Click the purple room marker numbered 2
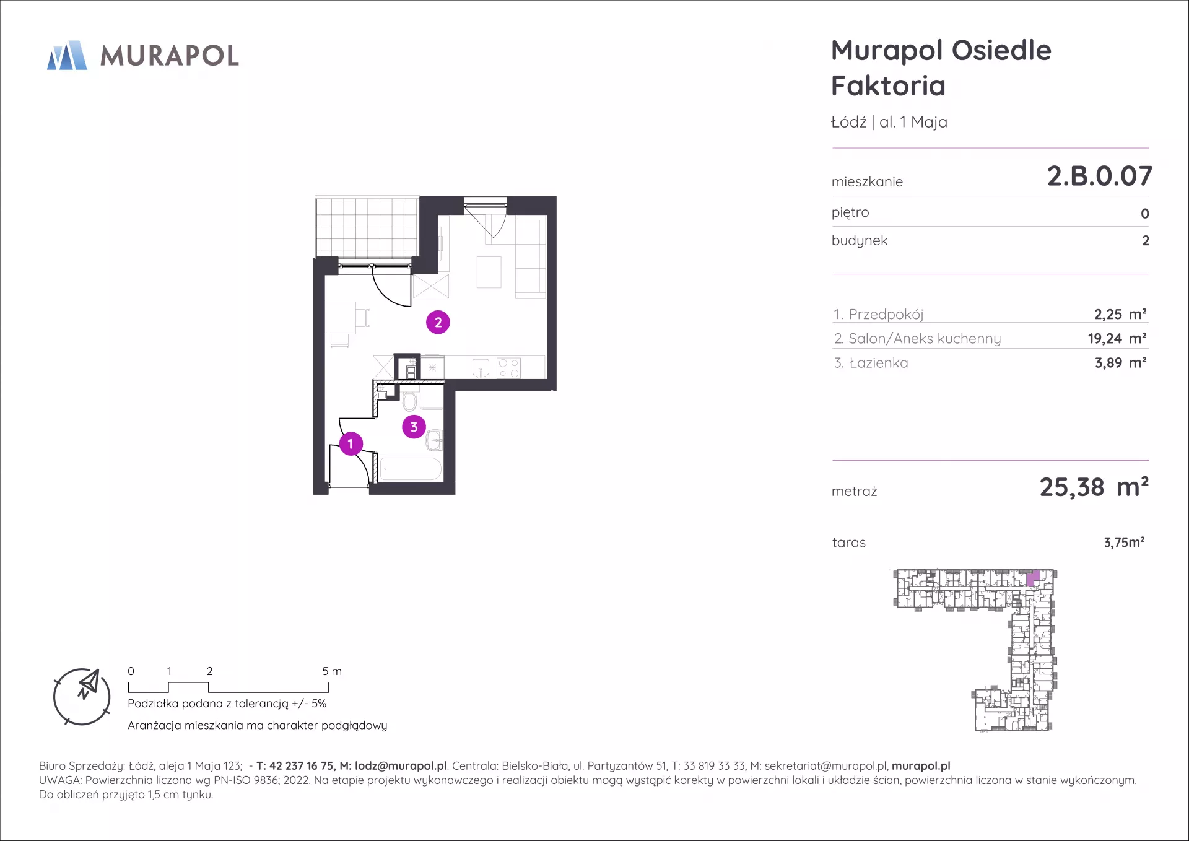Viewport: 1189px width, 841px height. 438,322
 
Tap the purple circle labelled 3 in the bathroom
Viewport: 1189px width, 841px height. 414,427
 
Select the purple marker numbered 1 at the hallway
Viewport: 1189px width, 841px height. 351,443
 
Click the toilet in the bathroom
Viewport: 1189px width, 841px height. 409,401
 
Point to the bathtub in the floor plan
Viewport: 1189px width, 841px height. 411,469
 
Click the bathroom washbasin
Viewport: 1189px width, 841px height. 435,440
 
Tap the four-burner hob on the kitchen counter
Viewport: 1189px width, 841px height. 509,368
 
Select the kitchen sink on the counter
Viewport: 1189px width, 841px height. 481,368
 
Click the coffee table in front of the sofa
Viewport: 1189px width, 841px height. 489,272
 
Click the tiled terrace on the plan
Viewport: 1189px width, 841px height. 367,227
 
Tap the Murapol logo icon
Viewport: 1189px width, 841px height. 67,55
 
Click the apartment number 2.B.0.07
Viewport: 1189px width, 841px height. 1099,176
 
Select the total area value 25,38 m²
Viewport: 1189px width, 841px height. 1094,487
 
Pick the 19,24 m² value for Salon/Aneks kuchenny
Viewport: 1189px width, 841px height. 1117,339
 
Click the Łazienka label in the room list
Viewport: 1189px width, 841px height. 878,363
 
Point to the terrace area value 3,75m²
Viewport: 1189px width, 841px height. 1124,543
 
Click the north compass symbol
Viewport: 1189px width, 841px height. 82,697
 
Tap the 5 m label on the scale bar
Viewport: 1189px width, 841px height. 332,671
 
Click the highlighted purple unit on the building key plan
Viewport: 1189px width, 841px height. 1033,579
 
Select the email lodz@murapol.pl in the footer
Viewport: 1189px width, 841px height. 401,766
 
